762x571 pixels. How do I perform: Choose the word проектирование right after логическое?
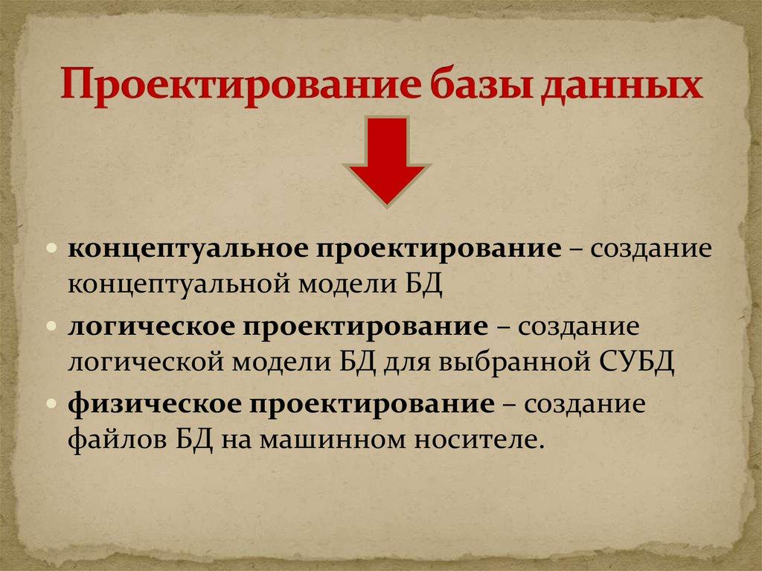coord(365,328)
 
